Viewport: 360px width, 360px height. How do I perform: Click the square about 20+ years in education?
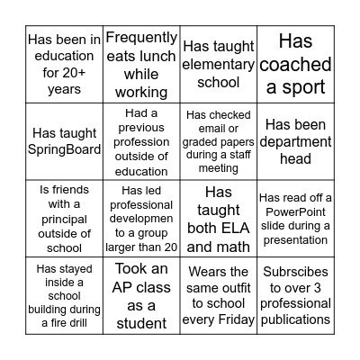[x=65, y=64]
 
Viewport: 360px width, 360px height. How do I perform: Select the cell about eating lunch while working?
[x=141, y=64]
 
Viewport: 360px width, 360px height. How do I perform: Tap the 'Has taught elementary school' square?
[x=219, y=64]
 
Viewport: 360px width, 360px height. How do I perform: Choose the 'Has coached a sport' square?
[x=295, y=64]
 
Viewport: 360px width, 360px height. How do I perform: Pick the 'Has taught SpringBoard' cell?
[x=65, y=141]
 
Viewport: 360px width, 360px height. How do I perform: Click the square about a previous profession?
[x=141, y=141]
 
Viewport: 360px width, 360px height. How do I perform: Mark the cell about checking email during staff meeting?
[x=219, y=141]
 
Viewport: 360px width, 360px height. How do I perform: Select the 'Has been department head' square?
[x=295, y=141]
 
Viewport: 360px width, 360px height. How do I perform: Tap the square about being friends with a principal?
[x=65, y=219]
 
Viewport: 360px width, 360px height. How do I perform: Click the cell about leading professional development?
[x=141, y=219]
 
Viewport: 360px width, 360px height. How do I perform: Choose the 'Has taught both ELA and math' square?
[x=219, y=219]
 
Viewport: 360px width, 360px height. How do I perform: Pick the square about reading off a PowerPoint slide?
[x=295, y=219]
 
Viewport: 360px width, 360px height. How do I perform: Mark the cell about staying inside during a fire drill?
[x=65, y=295]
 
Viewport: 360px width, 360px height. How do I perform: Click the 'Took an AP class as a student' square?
[x=141, y=295]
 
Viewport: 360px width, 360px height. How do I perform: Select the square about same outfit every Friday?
[x=219, y=295]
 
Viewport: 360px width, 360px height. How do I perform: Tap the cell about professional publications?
[x=295, y=295]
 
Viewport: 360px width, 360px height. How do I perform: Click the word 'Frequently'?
[x=142, y=38]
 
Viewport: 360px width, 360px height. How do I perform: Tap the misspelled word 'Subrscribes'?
[x=295, y=272]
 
